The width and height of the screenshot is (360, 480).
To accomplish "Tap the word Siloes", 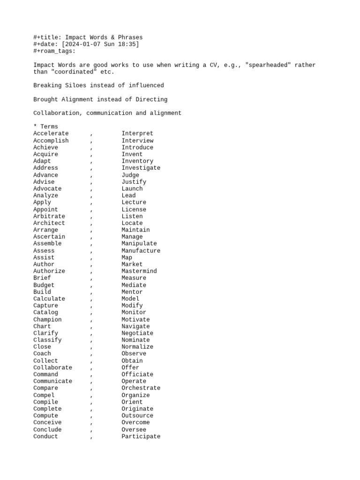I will pyautogui.click(x=76, y=85).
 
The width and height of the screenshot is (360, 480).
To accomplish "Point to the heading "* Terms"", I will pyautogui.click(x=45, y=127).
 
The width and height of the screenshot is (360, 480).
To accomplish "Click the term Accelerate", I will pyautogui.click(x=51, y=134).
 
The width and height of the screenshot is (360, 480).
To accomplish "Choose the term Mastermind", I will pyautogui.click(x=139, y=271).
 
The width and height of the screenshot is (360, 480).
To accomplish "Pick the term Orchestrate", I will pyautogui.click(x=141, y=388).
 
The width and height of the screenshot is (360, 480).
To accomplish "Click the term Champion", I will pyautogui.click(x=47, y=319).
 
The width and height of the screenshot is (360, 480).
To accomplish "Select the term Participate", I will pyautogui.click(x=141, y=436).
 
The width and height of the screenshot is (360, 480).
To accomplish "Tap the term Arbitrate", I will pyautogui.click(x=49, y=216).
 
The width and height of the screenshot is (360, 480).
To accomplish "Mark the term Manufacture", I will pyautogui.click(x=141, y=251).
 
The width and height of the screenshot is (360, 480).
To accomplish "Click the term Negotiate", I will pyautogui.click(x=137, y=333).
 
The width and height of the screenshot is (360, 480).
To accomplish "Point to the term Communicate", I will pyautogui.click(x=52, y=381).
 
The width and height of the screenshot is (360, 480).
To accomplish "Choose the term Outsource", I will pyautogui.click(x=137, y=416).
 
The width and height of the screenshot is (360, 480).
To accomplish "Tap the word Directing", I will pyautogui.click(x=151, y=99).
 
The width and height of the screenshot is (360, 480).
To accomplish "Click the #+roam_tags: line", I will pyautogui.click(x=54, y=51).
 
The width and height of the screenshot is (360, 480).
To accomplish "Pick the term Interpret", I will pyautogui.click(x=137, y=134).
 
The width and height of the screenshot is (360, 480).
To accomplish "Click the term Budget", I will pyautogui.click(x=44, y=285).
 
